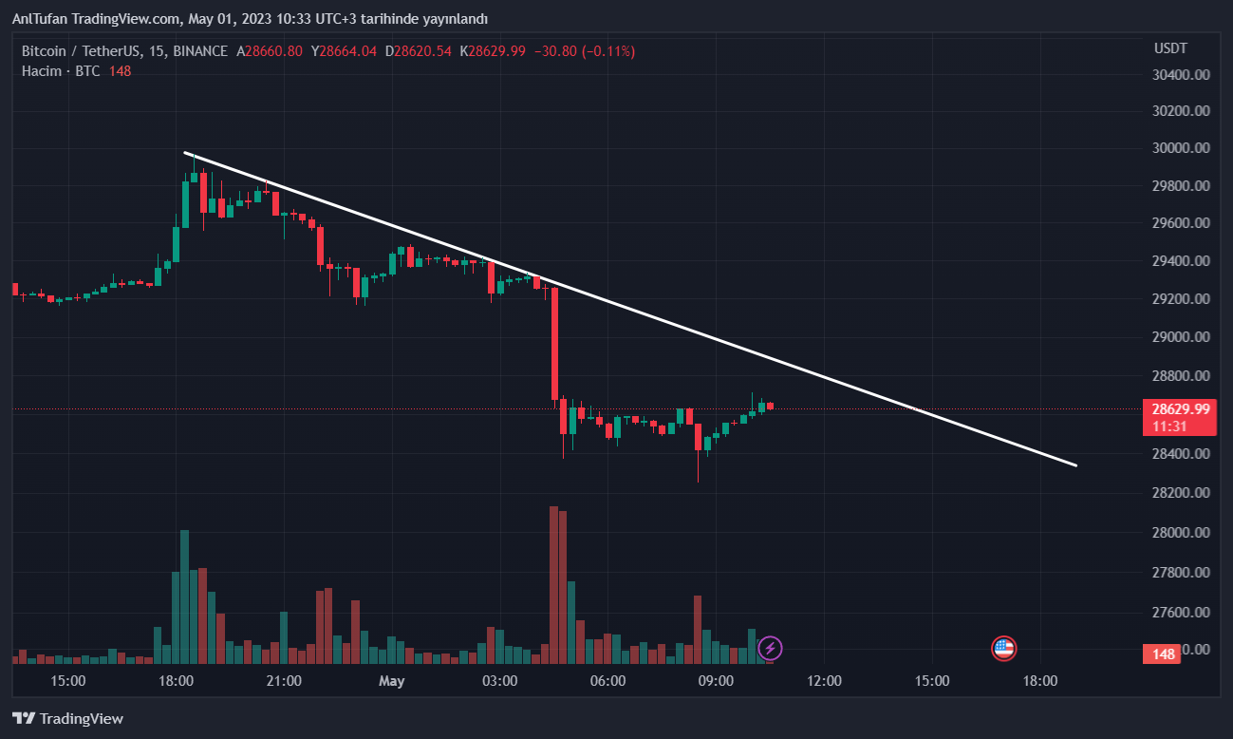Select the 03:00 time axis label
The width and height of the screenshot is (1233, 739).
point(499,681)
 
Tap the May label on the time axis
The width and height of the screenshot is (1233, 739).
point(391,681)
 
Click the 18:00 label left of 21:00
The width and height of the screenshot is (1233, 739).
point(176,681)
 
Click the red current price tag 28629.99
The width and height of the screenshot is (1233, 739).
point(1181,409)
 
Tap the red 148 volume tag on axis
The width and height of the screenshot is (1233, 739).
point(1164,654)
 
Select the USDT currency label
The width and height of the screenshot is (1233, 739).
point(1169,48)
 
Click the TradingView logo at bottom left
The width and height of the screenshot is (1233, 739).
point(67,719)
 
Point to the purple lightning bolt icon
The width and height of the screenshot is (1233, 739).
point(770,649)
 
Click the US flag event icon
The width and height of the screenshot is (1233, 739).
point(1003,649)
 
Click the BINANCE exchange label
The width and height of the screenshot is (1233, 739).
point(200,51)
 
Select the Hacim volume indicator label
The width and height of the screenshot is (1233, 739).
point(42,71)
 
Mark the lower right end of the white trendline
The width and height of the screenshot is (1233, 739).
point(1075,465)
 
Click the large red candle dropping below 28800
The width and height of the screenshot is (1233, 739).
point(554,343)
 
